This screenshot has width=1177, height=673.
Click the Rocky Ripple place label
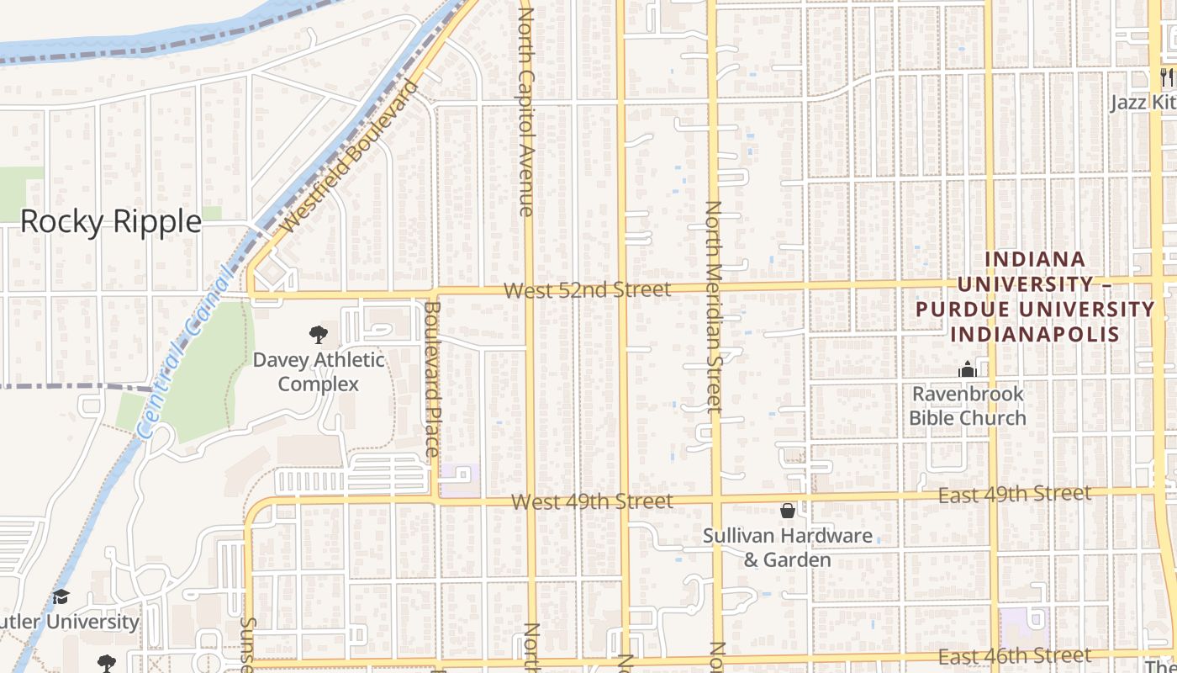[x=110, y=221]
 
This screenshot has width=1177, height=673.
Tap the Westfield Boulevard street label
[x=350, y=157]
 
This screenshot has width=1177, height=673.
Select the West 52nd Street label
[x=587, y=290]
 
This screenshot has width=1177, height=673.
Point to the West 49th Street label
[x=592, y=502]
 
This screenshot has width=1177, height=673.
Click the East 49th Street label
[x=1015, y=494]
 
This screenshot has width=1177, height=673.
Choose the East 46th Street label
[x=1015, y=656]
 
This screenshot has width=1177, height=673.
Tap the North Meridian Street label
[x=714, y=307]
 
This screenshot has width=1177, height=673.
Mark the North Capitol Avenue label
[x=526, y=109]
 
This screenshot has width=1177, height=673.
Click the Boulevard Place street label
[x=432, y=379]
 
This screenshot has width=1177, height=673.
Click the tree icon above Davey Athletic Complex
[x=318, y=335]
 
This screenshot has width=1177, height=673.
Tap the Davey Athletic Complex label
[x=319, y=372]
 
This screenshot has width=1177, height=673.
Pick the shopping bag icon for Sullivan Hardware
[x=788, y=511]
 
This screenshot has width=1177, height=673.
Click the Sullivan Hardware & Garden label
[x=788, y=548]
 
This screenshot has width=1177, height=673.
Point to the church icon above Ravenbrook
[x=967, y=369]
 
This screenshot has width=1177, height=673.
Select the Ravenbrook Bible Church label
[x=968, y=405]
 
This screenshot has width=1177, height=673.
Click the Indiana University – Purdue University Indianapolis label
[x=1035, y=297]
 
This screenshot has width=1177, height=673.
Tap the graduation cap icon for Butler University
[x=61, y=597]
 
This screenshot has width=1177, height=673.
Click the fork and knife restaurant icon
[x=1166, y=77]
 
